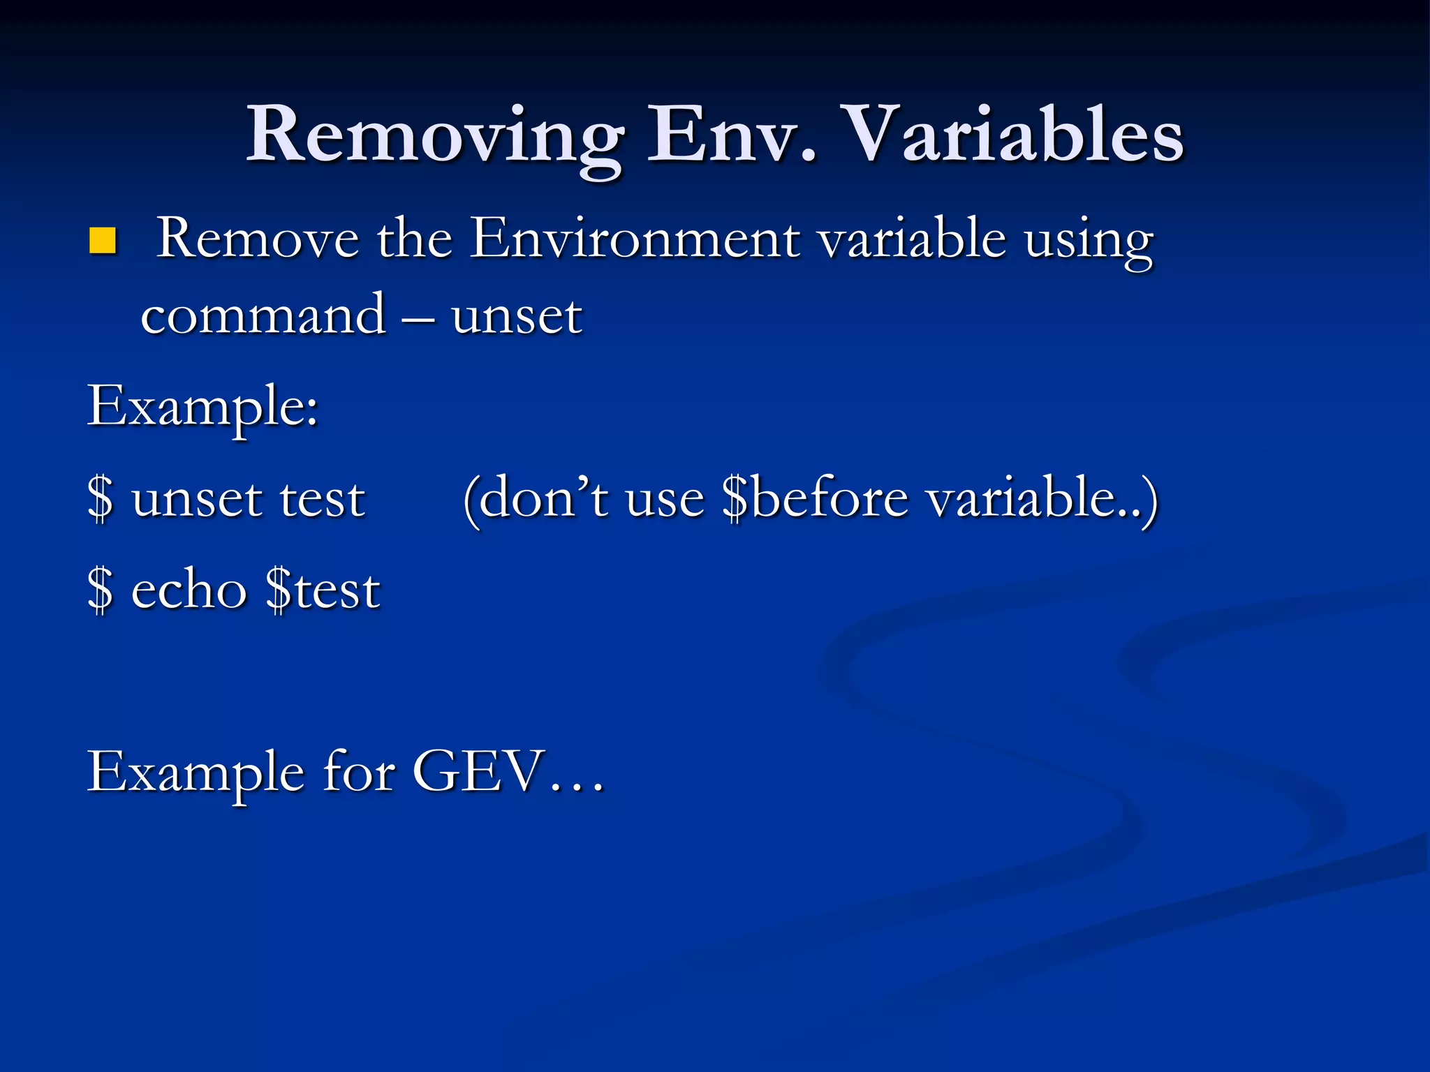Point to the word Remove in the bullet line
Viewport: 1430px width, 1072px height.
click(x=257, y=239)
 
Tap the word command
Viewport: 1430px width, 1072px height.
click(x=263, y=315)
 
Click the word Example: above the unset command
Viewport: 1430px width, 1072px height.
click(x=202, y=407)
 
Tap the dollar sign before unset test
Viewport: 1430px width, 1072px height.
click(x=101, y=499)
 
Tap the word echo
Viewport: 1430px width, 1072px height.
click(x=189, y=590)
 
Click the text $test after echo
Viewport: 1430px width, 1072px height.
click(x=323, y=590)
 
